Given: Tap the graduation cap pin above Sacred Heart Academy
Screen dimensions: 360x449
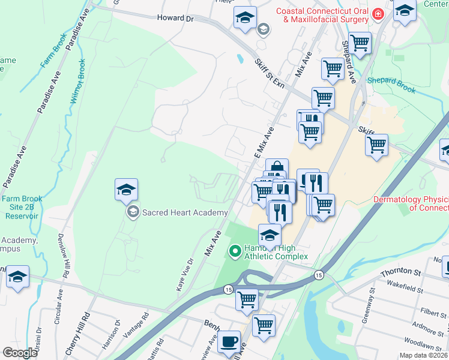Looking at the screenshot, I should pyautogui.click(x=126, y=190).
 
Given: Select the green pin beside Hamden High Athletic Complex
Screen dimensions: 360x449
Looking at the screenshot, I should pyautogui.click(x=235, y=250).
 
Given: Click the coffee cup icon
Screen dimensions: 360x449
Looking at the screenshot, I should pyautogui.click(x=228, y=342).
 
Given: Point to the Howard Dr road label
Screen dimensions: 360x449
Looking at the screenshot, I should pyautogui.click(x=175, y=19).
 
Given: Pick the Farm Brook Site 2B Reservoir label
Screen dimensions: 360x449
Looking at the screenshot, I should pyautogui.click(x=21, y=206).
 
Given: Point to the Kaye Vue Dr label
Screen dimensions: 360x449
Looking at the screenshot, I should pyautogui.click(x=184, y=275).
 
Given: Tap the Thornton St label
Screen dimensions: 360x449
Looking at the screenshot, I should pyautogui.click(x=399, y=272).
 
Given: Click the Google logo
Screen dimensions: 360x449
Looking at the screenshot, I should pyautogui.click(x=20, y=353).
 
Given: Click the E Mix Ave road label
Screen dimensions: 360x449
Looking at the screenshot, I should pyautogui.click(x=264, y=142).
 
